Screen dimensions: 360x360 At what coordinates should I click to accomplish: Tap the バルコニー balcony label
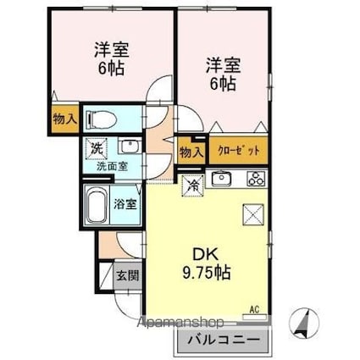tap(224, 341)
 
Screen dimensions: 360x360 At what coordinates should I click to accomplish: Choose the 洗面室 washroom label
tap(107, 166)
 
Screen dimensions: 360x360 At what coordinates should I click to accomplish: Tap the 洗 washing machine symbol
tap(97, 147)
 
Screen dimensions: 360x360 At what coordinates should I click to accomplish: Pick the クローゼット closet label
tap(238, 151)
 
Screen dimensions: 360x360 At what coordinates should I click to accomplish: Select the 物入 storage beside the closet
tap(191, 152)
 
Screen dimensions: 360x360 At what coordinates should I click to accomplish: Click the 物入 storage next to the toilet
tap(64, 119)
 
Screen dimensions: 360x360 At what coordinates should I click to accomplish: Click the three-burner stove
tap(256, 179)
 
